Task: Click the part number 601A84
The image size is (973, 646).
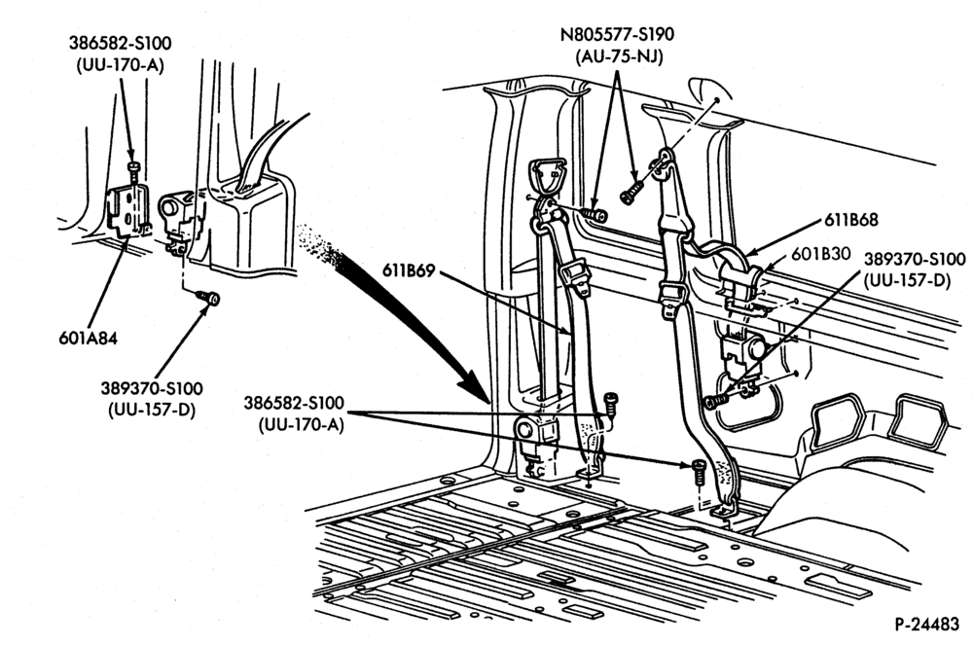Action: (88, 339)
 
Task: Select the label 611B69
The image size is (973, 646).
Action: (409, 271)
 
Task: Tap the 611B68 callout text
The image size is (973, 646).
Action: (850, 220)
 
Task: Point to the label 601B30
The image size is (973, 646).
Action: (821, 253)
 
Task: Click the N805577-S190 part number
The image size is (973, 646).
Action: (618, 33)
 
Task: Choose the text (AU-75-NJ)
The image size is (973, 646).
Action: (619, 56)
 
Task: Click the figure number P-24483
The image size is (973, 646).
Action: (927, 624)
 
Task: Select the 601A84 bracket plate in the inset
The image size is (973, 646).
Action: (127, 211)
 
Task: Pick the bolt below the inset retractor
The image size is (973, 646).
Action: (209, 299)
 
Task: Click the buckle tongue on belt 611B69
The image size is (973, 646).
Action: (574, 275)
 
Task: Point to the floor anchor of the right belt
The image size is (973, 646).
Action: (726, 511)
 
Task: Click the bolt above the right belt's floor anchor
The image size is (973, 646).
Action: (698, 473)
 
